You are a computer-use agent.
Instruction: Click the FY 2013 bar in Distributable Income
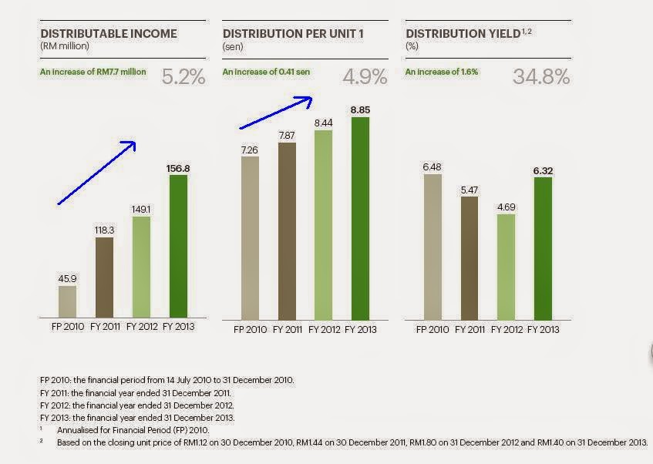tap(179, 246)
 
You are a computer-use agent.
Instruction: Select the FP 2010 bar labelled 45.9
tap(67, 301)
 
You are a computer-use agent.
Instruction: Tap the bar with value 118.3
tap(104, 277)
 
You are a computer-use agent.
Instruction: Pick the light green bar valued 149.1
tap(142, 267)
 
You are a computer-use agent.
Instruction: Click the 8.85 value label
tap(361, 110)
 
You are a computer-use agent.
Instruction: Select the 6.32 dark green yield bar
tap(544, 248)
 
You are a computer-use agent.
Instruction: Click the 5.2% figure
tap(183, 76)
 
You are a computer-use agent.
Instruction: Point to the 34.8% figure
tap(541, 76)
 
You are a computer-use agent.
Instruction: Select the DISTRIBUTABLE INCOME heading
tap(109, 34)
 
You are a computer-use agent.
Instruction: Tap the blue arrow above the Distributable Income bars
tap(97, 173)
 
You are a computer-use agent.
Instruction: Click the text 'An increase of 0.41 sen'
tap(267, 72)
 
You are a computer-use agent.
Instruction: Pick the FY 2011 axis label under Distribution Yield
tap(470, 329)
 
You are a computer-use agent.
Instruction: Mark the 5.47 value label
tap(470, 188)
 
